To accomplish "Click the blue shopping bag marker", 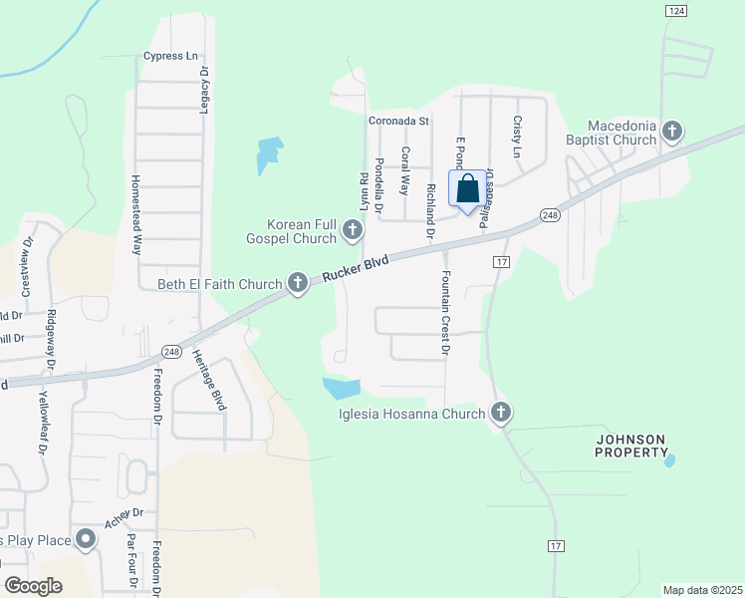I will tap(468, 188).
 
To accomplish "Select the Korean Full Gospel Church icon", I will tap(352, 230).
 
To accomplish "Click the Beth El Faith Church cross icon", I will tap(297, 284).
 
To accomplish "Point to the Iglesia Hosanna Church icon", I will tap(500, 413).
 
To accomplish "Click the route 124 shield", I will tap(676, 10).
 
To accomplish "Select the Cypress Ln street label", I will tap(170, 56).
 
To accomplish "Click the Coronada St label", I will tap(397, 122).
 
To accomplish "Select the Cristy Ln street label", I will tap(517, 137).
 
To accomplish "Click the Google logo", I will tap(33, 586).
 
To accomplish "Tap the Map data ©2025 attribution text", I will tap(701, 590).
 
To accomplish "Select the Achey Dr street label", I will tap(124, 521).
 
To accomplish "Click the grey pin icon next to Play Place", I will tap(86, 541).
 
